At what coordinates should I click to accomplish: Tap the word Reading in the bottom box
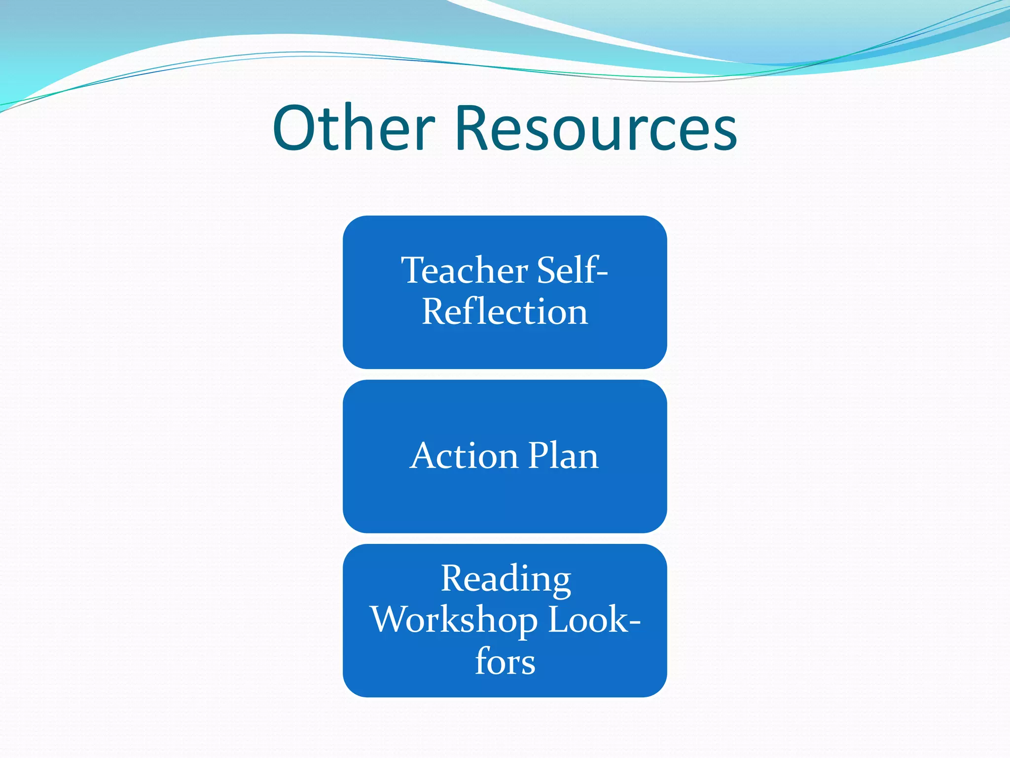coord(506,578)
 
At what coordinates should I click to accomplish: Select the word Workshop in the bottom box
coord(454,620)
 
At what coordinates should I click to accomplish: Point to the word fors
coord(505,661)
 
